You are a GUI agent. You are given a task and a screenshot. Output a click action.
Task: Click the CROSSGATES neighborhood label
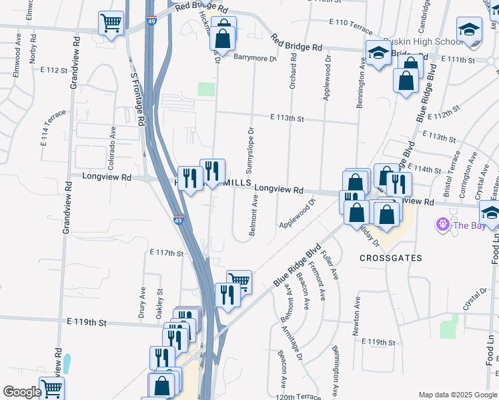(387, 257)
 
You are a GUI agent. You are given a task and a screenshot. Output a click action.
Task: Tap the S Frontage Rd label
(138, 101)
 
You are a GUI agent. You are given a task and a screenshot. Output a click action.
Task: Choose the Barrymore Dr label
(255, 58)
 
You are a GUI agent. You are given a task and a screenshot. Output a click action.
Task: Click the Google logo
(22, 392)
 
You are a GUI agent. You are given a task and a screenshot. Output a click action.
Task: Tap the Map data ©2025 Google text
(457, 395)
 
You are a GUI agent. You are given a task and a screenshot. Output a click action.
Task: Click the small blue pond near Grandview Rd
(66, 363)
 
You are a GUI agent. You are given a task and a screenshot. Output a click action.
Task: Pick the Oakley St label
(159, 301)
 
